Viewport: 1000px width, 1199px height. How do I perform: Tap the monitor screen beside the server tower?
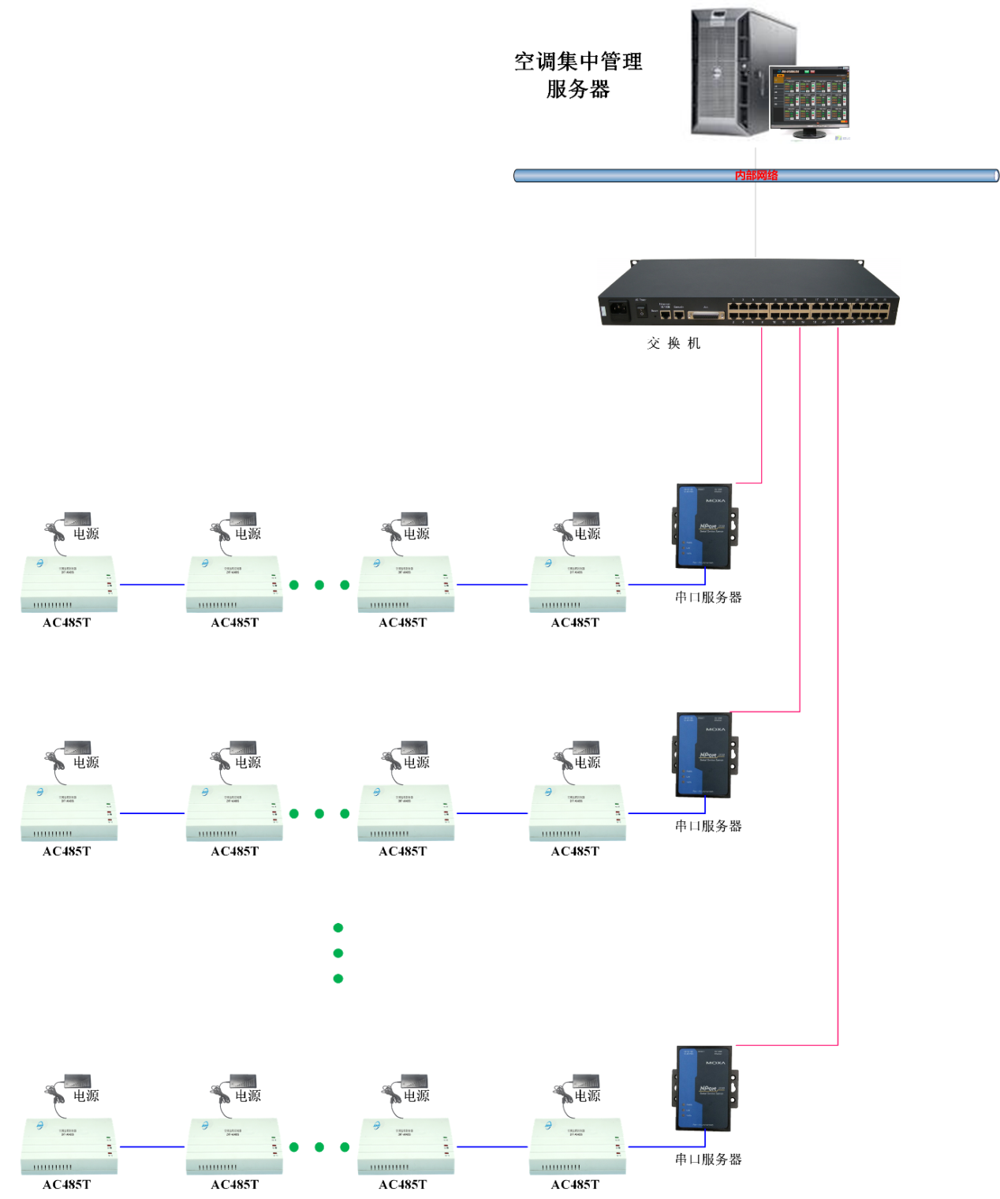pos(810,99)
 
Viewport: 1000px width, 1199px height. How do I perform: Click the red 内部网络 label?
pos(756,175)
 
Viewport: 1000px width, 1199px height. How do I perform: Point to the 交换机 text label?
pos(674,343)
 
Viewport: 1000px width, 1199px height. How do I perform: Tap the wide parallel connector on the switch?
pos(706,316)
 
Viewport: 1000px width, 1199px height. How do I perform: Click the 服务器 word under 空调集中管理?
pos(578,89)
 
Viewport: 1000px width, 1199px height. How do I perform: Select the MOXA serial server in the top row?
pos(704,526)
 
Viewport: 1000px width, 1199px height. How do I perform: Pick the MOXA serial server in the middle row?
pos(704,755)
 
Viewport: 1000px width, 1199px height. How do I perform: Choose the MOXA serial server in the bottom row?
pos(704,1089)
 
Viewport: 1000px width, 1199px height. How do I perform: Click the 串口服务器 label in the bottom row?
pos(708,1159)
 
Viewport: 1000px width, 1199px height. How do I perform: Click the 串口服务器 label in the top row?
pos(708,597)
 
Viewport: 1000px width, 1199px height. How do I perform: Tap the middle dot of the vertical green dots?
pos(338,953)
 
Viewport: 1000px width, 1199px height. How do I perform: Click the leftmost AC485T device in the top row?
pos(69,585)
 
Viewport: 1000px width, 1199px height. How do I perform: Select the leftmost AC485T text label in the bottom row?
pos(67,1184)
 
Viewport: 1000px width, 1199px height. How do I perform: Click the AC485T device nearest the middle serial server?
pos(577,813)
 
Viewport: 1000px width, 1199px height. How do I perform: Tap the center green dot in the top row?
pos(319,585)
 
